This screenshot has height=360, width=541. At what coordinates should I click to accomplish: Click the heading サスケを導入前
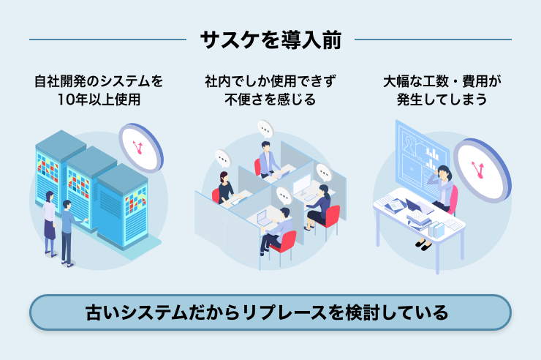pyautogui.click(x=270, y=40)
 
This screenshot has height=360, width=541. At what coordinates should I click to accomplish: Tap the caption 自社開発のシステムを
pyautogui.click(x=99, y=81)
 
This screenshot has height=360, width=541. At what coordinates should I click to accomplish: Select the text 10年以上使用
pyautogui.click(x=99, y=100)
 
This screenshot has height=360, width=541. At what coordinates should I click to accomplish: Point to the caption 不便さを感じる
pyautogui.click(x=270, y=100)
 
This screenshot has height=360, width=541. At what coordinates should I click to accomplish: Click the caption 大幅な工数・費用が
pyautogui.click(x=442, y=81)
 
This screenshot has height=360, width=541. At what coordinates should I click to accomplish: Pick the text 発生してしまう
pyautogui.click(x=442, y=100)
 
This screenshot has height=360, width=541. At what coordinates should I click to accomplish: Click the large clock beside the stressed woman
pyautogui.click(x=482, y=170)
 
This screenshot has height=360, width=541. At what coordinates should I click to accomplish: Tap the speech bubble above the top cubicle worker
pyautogui.click(x=265, y=130)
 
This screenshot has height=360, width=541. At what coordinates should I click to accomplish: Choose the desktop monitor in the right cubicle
pyautogui.click(x=302, y=184)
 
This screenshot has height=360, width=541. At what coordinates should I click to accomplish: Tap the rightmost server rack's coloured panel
pyautogui.click(x=135, y=201)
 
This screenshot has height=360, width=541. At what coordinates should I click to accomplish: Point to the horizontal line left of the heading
pyautogui.click(x=107, y=40)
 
